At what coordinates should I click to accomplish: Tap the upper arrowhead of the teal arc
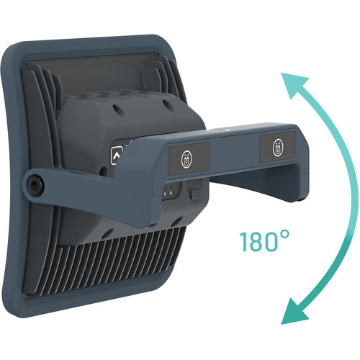pyautogui.click(x=293, y=84)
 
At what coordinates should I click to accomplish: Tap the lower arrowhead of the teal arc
pyautogui.click(x=293, y=311)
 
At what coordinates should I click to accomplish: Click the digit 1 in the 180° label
pyautogui.click(x=243, y=242)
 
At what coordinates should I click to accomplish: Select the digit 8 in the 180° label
pyautogui.click(x=256, y=242)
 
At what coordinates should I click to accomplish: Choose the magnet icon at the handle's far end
pyautogui.click(x=278, y=148)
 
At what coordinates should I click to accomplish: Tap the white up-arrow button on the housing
pyautogui.click(x=117, y=156)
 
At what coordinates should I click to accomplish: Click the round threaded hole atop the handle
pyautogui.click(x=218, y=130)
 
